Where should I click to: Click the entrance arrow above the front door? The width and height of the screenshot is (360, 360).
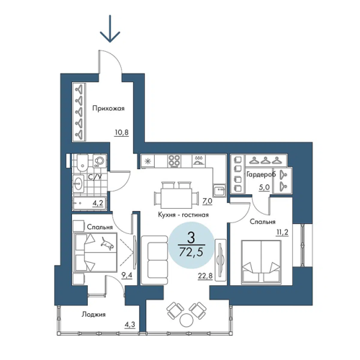pos(110,28)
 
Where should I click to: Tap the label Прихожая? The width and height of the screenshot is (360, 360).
pos(109,109)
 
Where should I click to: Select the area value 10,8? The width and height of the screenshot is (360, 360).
pos(122,132)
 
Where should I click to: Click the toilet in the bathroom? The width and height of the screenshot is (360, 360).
pos(82,164)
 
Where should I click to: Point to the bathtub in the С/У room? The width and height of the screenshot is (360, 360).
pos(89,203)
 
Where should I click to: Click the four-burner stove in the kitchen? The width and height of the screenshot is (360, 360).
pos(174,161)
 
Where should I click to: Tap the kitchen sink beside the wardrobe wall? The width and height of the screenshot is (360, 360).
pos(219,191)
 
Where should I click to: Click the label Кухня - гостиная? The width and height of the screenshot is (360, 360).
pos(183,215)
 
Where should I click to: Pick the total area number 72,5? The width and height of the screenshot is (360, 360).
pos(191,252)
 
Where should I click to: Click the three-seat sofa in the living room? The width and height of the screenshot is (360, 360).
pos(154,260)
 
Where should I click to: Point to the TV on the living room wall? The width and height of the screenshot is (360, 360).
pos(220,260)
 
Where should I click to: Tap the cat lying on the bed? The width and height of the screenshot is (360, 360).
pos(107,243)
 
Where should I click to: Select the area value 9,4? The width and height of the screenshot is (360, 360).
pos(127,275)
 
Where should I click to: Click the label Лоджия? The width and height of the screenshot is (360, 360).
pos(94,315)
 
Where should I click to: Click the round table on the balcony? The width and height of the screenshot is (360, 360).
pos(186,320)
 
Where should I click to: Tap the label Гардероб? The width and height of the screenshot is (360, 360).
pos(261,175)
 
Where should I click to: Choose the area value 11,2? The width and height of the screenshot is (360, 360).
pos(282,232)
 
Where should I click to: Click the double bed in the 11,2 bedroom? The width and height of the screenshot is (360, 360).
pos(261,261)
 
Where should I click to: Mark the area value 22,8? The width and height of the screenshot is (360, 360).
pos(205,276)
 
